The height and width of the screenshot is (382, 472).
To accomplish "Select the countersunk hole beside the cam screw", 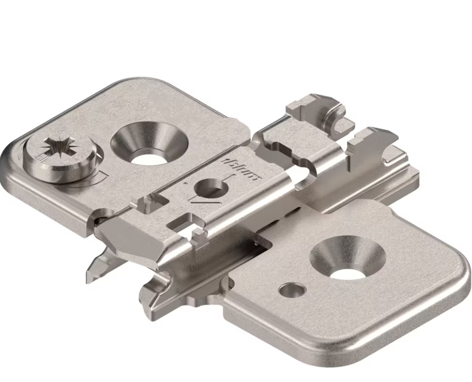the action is point(150,143).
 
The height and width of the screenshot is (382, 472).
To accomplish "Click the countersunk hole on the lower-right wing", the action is point(348,257).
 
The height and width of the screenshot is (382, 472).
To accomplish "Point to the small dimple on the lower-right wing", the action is point(292,289).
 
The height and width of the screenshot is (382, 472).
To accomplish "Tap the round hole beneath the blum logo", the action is point(211,188).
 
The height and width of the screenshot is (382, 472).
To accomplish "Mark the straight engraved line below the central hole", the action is point(204,203).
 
